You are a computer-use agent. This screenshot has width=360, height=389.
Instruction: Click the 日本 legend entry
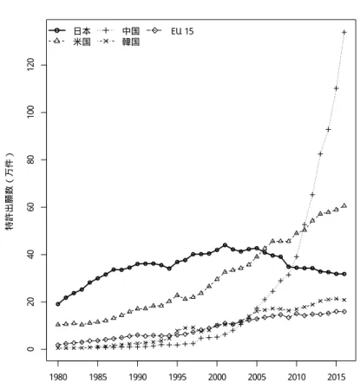(69, 30)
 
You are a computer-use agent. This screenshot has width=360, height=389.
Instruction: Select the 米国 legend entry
(69, 42)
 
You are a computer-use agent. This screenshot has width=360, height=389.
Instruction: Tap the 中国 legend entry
(119, 30)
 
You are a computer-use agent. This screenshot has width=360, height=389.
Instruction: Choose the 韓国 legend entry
(119, 42)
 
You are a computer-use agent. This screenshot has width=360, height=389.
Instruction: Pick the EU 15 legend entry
(170, 31)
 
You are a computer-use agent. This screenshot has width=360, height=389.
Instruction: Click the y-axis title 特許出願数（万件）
(10, 191)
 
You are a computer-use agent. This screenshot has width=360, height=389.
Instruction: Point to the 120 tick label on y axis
(30, 65)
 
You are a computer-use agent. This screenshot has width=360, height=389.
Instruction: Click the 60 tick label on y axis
(30, 207)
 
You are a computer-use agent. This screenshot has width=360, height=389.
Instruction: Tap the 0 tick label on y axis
(30, 349)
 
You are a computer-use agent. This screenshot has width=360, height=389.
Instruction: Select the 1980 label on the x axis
(58, 377)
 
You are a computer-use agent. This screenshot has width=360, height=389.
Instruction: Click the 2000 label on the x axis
(217, 377)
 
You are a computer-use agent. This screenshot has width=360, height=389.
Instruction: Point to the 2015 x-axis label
(337, 377)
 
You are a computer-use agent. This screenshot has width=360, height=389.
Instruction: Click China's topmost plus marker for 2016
(344, 32)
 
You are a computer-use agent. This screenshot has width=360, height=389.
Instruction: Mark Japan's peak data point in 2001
(225, 245)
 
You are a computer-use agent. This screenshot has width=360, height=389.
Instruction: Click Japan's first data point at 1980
(58, 304)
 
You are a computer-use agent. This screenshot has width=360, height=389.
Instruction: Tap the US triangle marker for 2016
(344, 205)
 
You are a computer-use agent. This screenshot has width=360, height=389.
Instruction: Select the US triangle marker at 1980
(58, 324)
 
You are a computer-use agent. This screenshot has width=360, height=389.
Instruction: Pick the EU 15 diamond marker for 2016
(344, 312)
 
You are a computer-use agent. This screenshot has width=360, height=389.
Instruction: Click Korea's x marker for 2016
(344, 300)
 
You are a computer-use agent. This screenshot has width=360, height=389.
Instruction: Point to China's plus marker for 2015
(337, 88)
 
